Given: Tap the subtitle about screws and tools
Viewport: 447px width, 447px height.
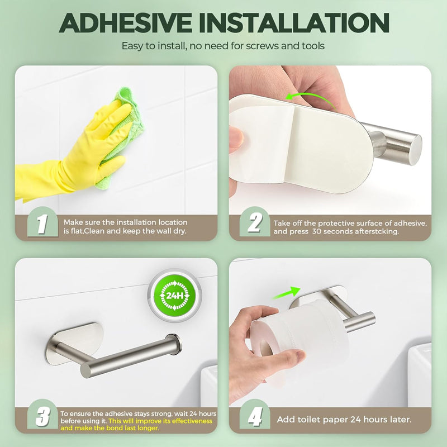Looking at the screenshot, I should (x=223, y=46).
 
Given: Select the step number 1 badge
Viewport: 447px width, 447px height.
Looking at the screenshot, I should (x=42, y=224).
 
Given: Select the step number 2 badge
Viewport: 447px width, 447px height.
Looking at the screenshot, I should (x=255, y=224).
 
